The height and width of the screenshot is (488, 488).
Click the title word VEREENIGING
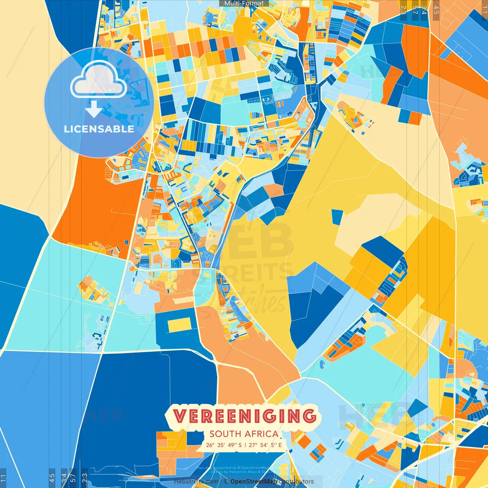coord(244,416)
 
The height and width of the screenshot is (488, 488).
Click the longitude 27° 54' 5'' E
coord(266,445)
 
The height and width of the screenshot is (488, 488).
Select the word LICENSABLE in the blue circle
coord(99,129)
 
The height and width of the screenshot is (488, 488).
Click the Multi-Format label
coord(244,3)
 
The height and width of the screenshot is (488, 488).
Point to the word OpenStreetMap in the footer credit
coord(254,482)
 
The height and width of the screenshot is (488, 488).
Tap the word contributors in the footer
coord(296,482)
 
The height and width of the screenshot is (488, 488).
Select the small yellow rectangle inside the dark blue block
coord(179,325)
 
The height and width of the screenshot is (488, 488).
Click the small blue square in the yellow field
coord(337,217)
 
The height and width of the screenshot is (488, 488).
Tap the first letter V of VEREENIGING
coord(180,416)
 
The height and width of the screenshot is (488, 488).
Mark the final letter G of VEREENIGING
coord(309,416)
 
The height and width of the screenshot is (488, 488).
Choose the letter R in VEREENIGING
coord(213,416)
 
